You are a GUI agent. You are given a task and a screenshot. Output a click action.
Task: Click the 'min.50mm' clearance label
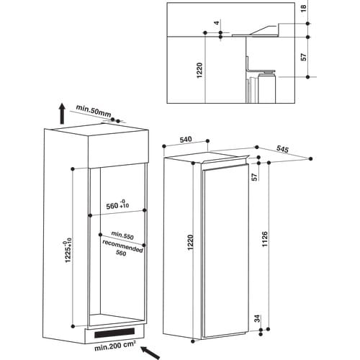(x=94, y=111)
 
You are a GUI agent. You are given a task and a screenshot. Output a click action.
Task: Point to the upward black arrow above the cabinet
(x=62, y=114)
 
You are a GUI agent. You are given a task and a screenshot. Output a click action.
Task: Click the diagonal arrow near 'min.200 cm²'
(x=150, y=353)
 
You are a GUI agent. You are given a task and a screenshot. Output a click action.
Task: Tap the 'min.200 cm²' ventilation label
(x=115, y=346)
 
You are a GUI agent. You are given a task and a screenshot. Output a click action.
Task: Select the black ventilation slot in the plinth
(x=114, y=333)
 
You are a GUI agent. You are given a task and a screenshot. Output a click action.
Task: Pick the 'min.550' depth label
(x=122, y=235)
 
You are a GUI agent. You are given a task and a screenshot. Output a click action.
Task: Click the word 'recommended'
(x=122, y=246)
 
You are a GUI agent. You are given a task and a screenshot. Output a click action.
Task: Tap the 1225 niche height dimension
(x=68, y=250)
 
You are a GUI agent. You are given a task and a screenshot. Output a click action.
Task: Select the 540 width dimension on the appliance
(x=186, y=140)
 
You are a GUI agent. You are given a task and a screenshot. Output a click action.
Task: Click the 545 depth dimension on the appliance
(x=282, y=149)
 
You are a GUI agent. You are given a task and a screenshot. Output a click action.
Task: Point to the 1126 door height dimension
(x=264, y=239)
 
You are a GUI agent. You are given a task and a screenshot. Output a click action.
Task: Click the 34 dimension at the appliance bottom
(x=257, y=318)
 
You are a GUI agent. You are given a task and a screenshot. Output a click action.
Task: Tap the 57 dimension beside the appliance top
(x=255, y=176)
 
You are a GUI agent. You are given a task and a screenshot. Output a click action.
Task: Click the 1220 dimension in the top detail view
(x=199, y=71)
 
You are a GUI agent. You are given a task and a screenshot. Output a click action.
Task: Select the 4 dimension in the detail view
(x=217, y=23)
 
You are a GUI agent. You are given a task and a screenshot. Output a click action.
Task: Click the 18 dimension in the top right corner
(x=304, y=9)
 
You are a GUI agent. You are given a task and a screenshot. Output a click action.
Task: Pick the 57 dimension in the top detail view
(x=304, y=57)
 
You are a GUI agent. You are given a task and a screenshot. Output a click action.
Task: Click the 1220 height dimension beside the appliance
(x=190, y=243)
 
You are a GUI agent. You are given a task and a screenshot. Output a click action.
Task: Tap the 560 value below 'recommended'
(x=121, y=253)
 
